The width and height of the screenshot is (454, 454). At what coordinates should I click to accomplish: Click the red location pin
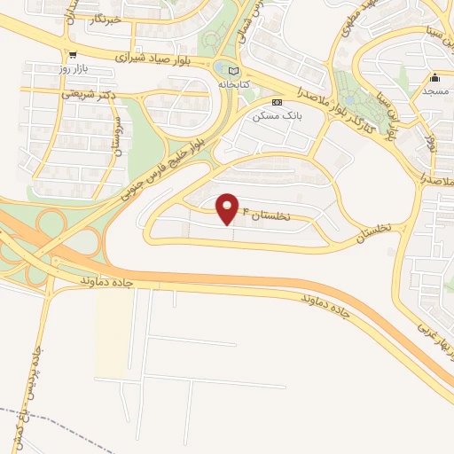tap(228, 208)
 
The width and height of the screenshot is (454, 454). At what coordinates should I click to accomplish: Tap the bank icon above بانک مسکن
tap(278, 102)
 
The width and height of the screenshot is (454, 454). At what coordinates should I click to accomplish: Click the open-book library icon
tap(234, 70)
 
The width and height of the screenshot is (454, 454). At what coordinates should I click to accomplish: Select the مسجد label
tap(435, 90)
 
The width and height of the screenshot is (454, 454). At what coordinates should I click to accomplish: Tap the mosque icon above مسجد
tap(435, 77)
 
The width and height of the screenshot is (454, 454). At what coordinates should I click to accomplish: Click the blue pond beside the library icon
tap(219, 67)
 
